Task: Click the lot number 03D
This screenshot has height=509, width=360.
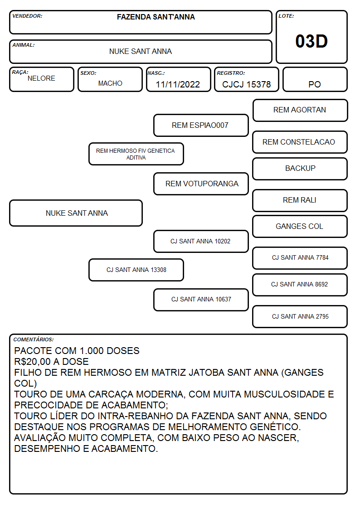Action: pos(311,41)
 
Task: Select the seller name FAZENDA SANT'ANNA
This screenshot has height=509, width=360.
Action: pos(156,17)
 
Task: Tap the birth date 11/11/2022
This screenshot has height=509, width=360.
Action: pos(178,84)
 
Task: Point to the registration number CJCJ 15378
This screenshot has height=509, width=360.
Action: pos(246,84)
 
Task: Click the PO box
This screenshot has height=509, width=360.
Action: pos(315,79)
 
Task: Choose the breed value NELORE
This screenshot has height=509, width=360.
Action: pos(41,78)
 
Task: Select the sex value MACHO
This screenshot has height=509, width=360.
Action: pos(110,83)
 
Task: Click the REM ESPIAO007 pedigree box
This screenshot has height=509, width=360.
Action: pos(201,125)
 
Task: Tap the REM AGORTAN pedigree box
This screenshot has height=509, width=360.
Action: pos(300,111)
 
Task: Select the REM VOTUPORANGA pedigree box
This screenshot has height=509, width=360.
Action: pos(201,184)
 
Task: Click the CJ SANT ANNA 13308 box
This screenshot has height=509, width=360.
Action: pos(136,270)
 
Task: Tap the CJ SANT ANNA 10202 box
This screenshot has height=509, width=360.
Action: pos(201,242)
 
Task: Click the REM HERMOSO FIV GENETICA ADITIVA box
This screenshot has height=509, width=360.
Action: pos(136,154)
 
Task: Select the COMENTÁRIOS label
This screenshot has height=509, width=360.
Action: pos(34,339)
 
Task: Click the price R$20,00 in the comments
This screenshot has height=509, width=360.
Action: pos(32,362)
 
